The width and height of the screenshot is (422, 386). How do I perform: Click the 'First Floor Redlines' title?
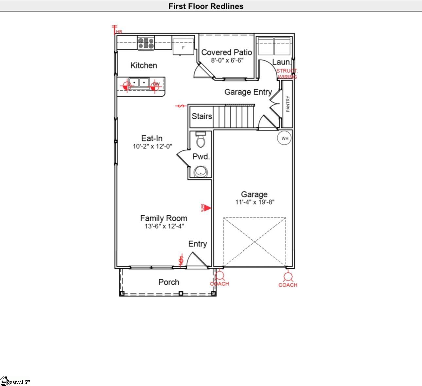pyautogui.click(x=206, y=6)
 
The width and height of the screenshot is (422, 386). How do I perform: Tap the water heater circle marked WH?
pyautogui.click(x=285, y=138)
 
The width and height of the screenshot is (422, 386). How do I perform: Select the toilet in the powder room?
pyautogui.click(x=200, y=140)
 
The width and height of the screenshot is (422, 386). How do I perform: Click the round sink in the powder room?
pyautogui.click(x=200, y=171)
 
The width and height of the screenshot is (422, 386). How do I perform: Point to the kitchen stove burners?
pyautogui.click(x=146, y=43)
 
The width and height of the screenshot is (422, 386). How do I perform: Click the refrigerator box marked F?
pyautogui.click(x=183, y=48)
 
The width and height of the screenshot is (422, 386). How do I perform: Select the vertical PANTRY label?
pyautogui.click(x=288, y=104)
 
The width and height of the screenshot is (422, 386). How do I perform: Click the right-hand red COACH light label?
pyautogui.click(x=288, y=285)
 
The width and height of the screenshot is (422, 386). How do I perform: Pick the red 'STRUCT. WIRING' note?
pyautogui.click(x=287, y=74)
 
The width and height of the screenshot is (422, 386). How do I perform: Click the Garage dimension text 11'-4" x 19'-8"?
pyautogui.click(x=255, y=202)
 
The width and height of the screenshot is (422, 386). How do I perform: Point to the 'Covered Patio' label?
pyautogui.click(x=227, y=52)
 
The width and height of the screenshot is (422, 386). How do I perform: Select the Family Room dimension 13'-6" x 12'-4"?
pyautogui.click(x=164, y=226)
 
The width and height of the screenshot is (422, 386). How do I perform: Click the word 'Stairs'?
pyautogui.click(x=202, y=116)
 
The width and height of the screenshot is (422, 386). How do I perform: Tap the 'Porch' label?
pyautogui.click(x=169, y=282)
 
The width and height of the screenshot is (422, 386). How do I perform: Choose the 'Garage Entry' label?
pyautogui.click(x=248, y=92)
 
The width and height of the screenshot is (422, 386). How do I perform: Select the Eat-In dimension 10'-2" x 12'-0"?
pyautogui.click(x=152, y=146)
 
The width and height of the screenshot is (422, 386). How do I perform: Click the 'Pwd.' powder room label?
pyautogui.click(x=201, y=156)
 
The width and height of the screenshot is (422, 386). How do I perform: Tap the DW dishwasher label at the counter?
pyautogui.click(x=156, y=84)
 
